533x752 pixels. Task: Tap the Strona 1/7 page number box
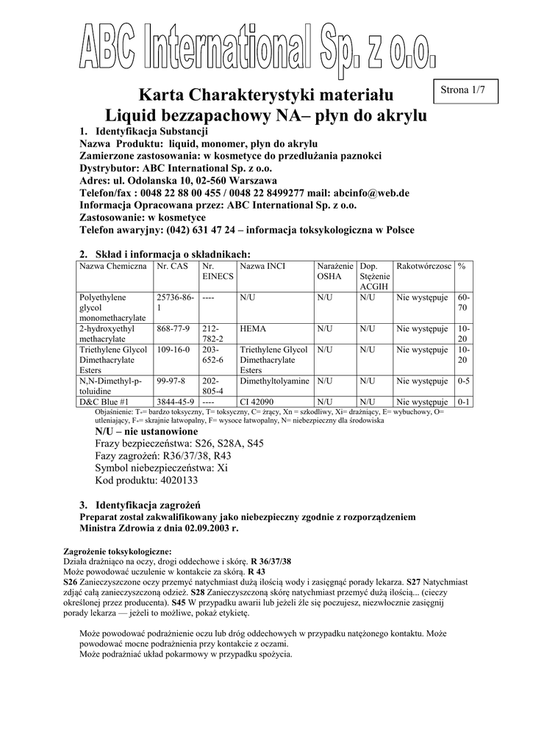(468, 90)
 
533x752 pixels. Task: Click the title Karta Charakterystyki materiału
(267, 95)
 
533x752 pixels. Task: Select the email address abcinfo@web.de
(373, 193)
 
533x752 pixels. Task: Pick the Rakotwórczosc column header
(423, 265)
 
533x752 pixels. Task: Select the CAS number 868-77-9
(174, 329)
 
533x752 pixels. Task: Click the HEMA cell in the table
(253, 329)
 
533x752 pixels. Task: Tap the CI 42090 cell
(257, 402)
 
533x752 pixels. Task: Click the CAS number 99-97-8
(171, 382)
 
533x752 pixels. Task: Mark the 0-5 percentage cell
(464, 382)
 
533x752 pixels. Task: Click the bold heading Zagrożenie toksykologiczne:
(118, 551)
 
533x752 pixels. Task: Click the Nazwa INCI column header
(262, 265)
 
